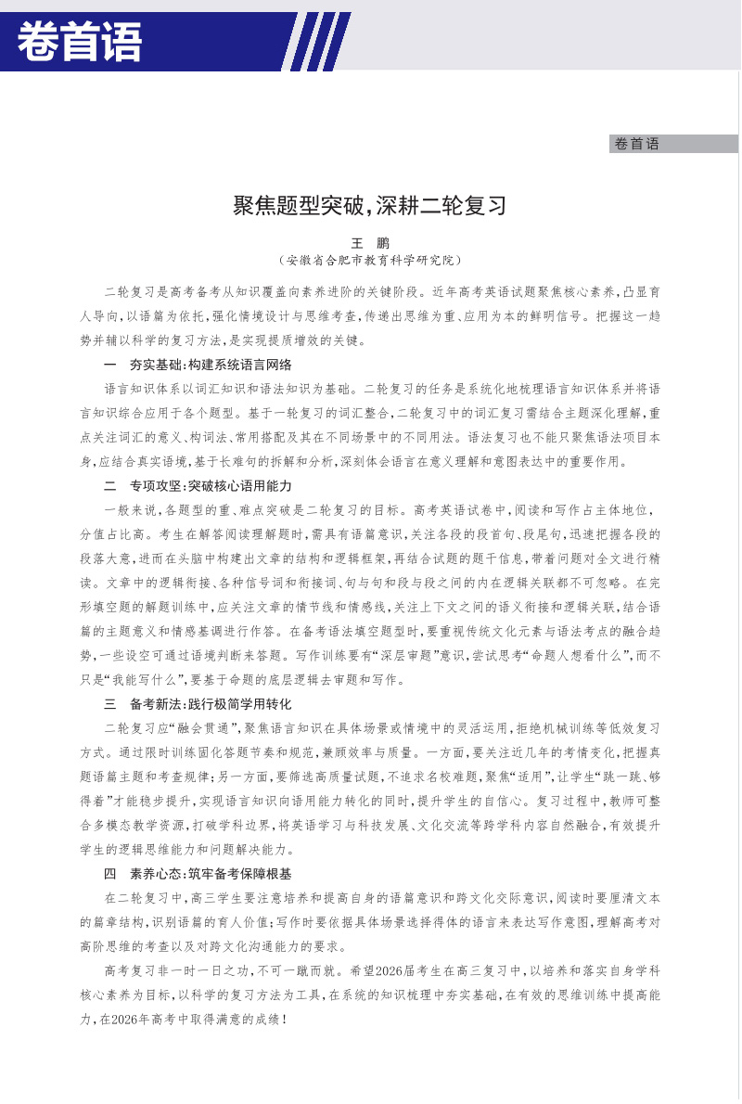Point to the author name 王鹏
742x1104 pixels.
tap(370, 243)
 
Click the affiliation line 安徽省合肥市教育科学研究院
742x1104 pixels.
tap(370, 261)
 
